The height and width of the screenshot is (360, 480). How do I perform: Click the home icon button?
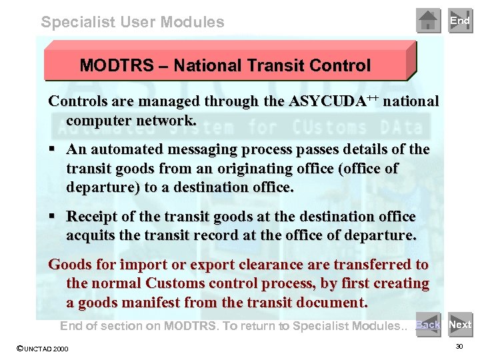pyautogui.click(x=429, y=21)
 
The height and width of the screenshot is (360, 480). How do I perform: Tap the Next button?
pyautogui.click(x=460, y=325)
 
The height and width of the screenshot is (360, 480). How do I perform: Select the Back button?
pyautogui.click(x=428, y=325)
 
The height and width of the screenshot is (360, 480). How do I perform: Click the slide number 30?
pyautogui.click(x=459, y=347)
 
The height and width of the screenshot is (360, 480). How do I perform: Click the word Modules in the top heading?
pyautogui.click(x=193, y=22)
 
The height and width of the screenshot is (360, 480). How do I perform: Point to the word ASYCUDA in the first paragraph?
pyautogui.click(x=327, y=102)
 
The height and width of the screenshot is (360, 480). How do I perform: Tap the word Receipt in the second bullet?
pyautogui.click(x=93, y=217)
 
